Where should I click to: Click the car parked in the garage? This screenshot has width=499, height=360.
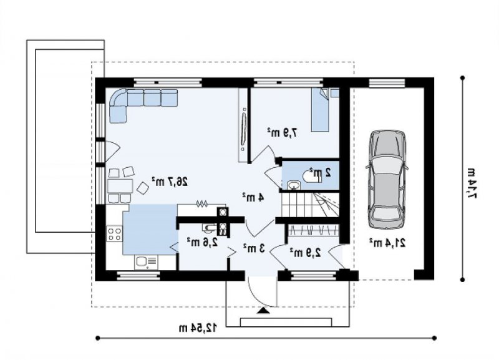click(386, 179)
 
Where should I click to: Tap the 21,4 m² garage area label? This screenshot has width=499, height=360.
click(387, 243)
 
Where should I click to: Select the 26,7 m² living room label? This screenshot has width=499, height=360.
click(170, 182)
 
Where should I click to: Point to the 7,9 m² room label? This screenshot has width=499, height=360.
click(283, 132)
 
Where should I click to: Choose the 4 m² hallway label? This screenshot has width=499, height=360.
click(253, 197)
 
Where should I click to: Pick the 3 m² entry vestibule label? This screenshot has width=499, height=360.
click(254, 248)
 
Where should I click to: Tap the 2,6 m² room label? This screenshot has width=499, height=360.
click(202, 242)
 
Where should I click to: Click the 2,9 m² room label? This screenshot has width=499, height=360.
click(305, 253)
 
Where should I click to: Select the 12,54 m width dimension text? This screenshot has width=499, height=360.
click(198, 328)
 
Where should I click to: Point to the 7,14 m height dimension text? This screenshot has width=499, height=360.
click(472, 182)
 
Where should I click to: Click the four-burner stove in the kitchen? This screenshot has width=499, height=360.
click(114, 233)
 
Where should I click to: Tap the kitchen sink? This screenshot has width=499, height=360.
click(146, 261)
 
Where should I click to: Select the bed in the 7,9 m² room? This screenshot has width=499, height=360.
click(320, 109)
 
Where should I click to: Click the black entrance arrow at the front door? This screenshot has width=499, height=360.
click(263, 311)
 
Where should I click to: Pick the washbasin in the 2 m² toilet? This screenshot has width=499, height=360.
click(294, 185)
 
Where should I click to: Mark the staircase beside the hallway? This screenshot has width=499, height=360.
click(310, 205)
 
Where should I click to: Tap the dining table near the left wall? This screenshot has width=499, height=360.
click(120, 186)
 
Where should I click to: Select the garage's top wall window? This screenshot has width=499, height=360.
click(387, 82)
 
